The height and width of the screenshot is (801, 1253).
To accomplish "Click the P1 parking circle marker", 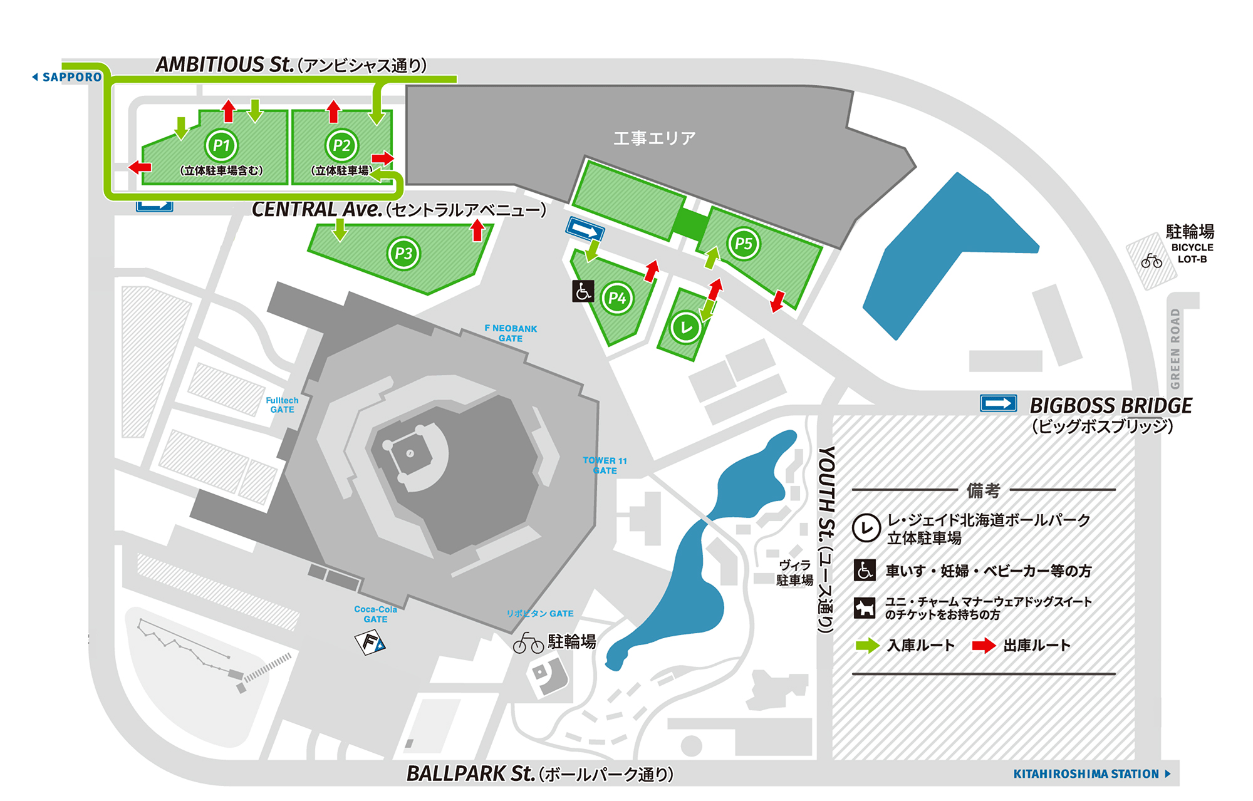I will tap(221, 145).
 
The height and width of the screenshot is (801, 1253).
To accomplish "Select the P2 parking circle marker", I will tap(341, 145).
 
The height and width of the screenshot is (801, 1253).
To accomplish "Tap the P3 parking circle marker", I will tap(403, 253).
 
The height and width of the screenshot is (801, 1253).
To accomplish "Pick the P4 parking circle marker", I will tap(617, 298).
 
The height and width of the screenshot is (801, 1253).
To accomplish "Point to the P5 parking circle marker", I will tap(744, 243).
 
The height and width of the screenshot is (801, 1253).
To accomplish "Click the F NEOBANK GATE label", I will tap(511, 333).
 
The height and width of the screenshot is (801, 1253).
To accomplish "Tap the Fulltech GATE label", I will tap(282, 405).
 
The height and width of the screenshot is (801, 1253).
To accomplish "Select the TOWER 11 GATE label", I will tap(605, 465).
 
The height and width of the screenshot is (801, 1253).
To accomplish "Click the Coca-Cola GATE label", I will tap(375, 614).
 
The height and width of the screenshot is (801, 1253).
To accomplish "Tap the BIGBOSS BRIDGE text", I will tap(1111, 406).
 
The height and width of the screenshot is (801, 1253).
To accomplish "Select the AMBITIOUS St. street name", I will tap(224, 65).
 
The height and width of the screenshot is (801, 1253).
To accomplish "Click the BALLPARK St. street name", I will tap(471, 773).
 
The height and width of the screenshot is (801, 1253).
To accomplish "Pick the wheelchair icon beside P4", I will tap(583, 291).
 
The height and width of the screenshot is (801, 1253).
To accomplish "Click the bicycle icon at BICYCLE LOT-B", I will tap(1152, 261).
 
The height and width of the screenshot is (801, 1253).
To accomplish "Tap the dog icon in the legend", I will tap(865, 607).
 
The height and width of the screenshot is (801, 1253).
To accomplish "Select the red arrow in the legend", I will tap(984, 646).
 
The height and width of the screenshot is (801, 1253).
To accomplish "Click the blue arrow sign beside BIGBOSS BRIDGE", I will tap(998, 403).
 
